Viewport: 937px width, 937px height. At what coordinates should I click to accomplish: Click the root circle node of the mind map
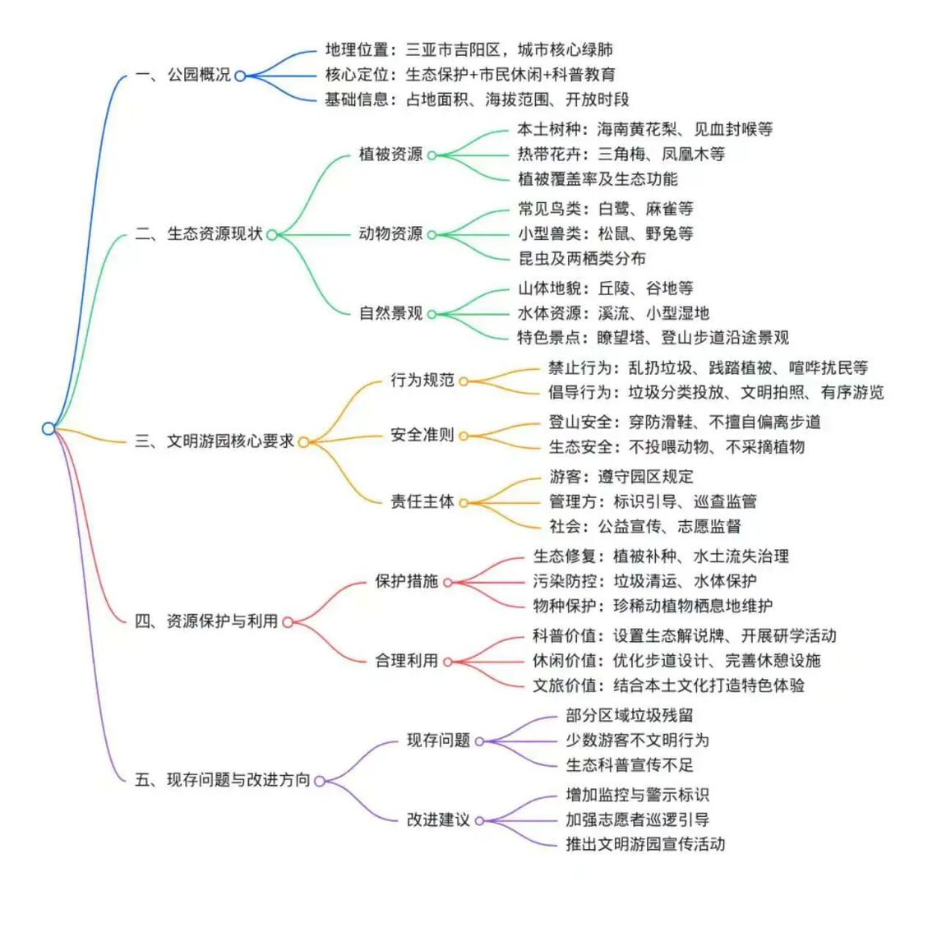pyautogui.click(x=48, y=428)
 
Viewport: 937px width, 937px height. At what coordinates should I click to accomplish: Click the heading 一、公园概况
pyautogui.click(x=182, y=75)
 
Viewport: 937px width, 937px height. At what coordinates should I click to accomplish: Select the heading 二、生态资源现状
pyautogui.click(x=198, y=234)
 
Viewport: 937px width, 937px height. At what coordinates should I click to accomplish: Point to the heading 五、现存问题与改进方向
pyautogui.click(x=222, y=780)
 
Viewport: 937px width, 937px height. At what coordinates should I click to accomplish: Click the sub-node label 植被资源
pyautogui.click(x=390, y=155)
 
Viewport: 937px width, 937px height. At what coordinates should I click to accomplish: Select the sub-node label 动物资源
pyautogui.click(x=390, y=234)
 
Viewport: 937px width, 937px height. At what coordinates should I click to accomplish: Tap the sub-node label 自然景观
pyautogui.click(x=390, y=313)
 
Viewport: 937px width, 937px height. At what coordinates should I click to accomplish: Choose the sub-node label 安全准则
pyautogui.click(x=422, y=435)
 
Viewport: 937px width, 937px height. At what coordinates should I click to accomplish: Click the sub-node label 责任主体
pyautogui.click(x=422, y=501)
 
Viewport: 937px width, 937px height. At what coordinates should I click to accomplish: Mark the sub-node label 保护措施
pyautogui.click(x=406, y=581)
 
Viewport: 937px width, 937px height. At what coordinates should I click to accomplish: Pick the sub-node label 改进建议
pyautogui.click(x=438, y=819)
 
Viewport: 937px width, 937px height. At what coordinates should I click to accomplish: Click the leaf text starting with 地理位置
pyautogui.click(x=468, y=50)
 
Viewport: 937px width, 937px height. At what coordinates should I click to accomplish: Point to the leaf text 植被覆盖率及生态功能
pyautogui.click(x=598, y=178)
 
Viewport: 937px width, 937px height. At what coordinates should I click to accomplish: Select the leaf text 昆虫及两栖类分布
pyautogui.click(x=581, y=258)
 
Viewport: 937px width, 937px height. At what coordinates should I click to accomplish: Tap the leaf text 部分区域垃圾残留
pyautogui.click(x=629, y=716)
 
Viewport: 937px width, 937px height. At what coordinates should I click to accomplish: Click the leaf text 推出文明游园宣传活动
pyautogui.click(x=645, y=843)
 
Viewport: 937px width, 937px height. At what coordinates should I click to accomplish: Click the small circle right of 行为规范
pyautogui.click(x=464, y=381)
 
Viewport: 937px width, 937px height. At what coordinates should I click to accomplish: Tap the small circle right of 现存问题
pyautogui.click(x=479, y=741)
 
